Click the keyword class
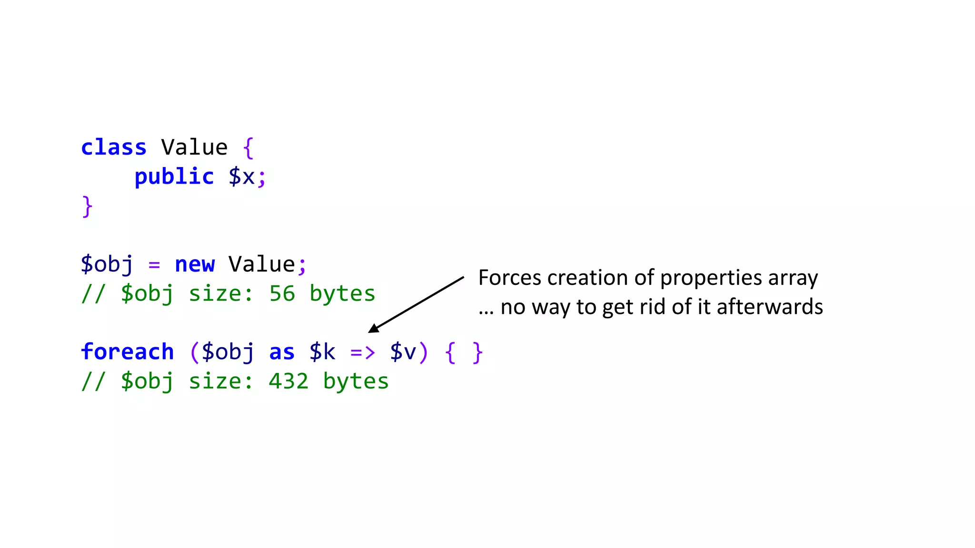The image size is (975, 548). pos(113,147)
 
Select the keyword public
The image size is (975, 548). pos(174,177)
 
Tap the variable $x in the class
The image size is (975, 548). pos(242,177)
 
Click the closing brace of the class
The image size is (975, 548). pos(87,206)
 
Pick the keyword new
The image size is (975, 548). pos(195,264)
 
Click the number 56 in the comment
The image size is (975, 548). pos(282,294)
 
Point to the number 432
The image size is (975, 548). pos(289,381)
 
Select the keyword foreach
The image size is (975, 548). pos(128,352)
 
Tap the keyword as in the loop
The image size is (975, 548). pos(282,352)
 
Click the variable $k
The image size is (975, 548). pos(322,352)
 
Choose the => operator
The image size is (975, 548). pos(363,352)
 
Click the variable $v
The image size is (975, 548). pos(403,352)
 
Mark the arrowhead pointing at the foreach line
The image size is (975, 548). pos(374,328)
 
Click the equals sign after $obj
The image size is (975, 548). pos(154,265)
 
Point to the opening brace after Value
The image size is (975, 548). pos(248,147)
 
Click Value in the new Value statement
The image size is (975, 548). pos(262,264)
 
